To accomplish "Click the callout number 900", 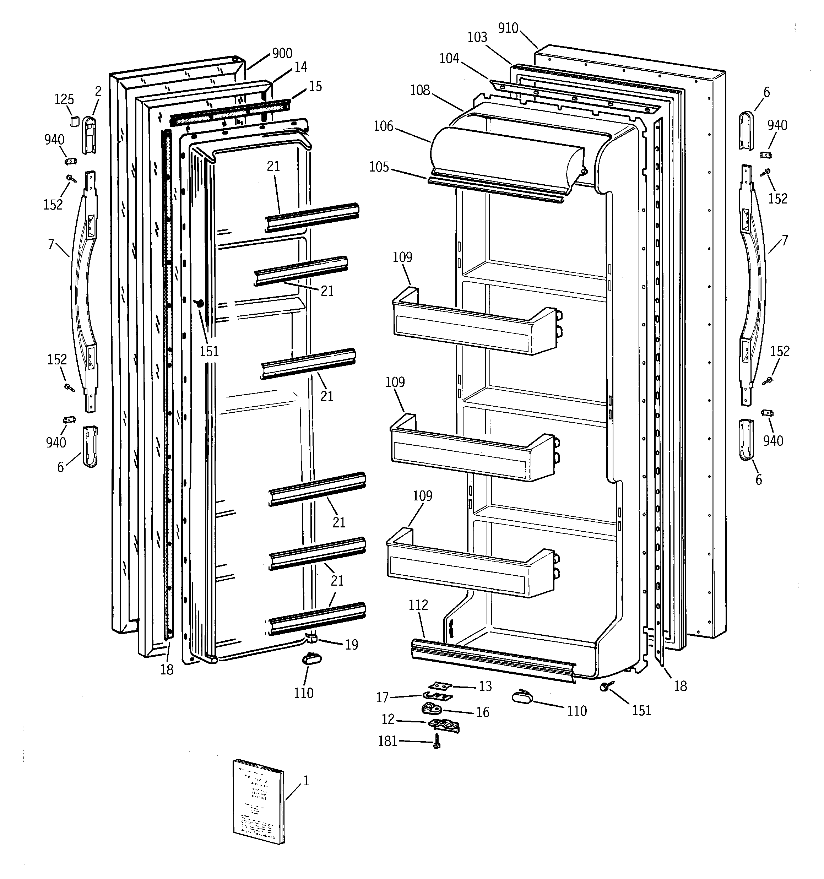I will (x=282, y=54).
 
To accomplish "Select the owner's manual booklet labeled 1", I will (x=258, y=802).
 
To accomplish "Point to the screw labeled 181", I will (x=437, y=742).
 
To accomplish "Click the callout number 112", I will (x=418, y=604).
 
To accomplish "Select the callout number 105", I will (x=379, y=167).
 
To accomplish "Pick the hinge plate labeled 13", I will (x=440, y=686).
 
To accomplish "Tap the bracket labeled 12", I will (x=444, y=725).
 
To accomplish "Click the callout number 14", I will (x=301, y=67).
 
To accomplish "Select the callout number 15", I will (x=315, y=86).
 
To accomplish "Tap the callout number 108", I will (x=420, y=90).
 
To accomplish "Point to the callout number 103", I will (x=477, y=37).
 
